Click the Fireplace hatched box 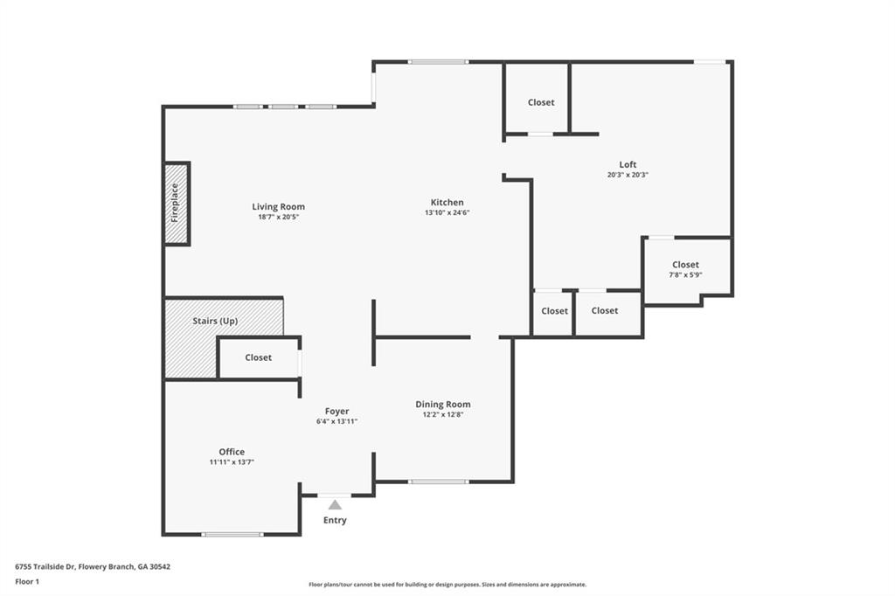pos(177,204)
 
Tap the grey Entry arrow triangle pos(335,504)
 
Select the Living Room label pos(279,206)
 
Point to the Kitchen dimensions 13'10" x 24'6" pos(447,212)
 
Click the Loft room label pos(628,164)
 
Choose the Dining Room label pos(443,405)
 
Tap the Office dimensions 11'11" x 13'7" pos(232,461)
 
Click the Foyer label pos(336,411)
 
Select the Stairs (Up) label pos(215,321)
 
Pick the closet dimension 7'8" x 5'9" pos(685,274)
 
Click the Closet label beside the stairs pos(259,357)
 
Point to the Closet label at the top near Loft pos(541,102)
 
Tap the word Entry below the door pos(335,520)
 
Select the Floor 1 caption pos(27,582)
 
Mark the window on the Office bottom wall pos(232,534)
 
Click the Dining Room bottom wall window pos(439,482)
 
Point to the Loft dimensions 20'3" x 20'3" pos(628,175)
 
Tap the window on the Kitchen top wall pos(439,62)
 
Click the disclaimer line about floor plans pos(447,585)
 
